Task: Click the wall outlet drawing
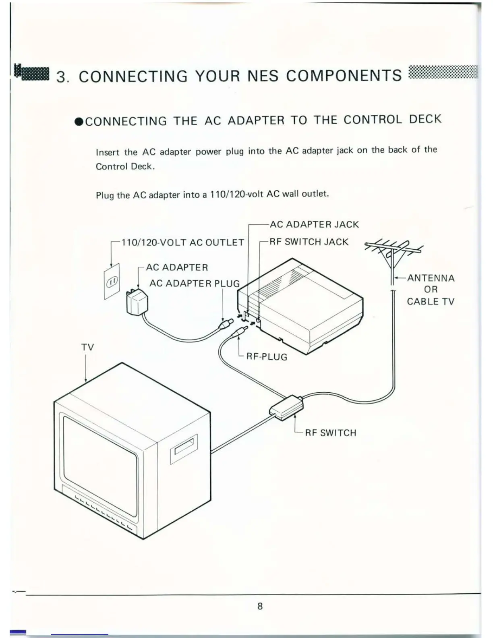point(112,282)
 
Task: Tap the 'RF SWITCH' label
point(331,433)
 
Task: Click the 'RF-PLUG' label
point(267,357)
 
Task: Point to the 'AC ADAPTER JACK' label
point(314,224)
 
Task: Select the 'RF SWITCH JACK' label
point(309,242)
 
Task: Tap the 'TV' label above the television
point(87,347)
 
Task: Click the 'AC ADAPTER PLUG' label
point(195,284)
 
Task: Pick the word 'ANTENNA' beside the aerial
point(431,278)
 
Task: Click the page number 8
point(260,606)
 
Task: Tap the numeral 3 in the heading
point(62,77)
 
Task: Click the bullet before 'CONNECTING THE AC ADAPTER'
point(79,122)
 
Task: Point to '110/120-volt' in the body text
point(236,194)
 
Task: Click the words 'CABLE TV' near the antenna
point(430,301)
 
